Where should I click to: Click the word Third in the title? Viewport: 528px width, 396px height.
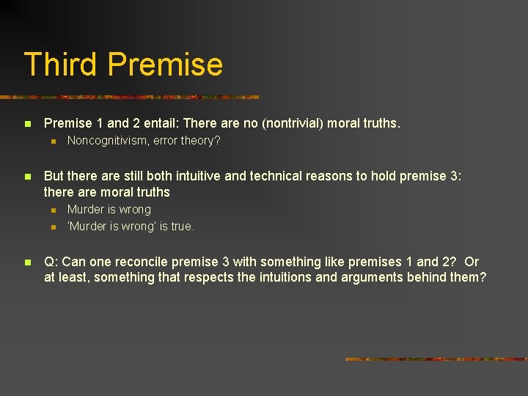[x=61, y=65]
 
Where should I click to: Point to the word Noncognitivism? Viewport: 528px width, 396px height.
[x=107, y=141]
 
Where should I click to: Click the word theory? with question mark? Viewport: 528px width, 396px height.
[x=199, y=141]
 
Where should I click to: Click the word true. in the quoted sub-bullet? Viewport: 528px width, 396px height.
[x=182, y=227]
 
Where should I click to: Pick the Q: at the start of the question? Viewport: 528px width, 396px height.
[x=51, y=262]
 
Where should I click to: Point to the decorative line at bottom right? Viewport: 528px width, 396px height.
[x=436, y=359]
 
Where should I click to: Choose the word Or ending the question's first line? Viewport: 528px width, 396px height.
[x=472, y=262]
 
